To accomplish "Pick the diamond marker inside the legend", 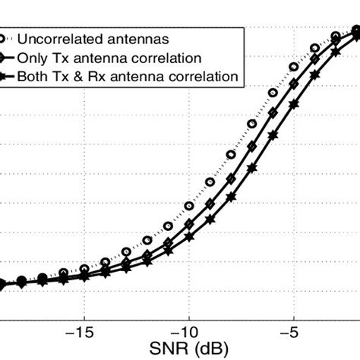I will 8,58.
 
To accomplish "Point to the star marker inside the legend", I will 8,76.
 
